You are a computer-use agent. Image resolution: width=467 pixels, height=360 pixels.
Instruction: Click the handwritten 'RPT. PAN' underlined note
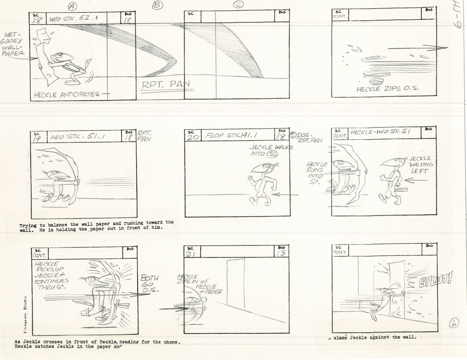166,85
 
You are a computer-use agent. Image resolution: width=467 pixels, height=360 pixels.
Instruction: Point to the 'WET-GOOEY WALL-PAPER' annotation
13,44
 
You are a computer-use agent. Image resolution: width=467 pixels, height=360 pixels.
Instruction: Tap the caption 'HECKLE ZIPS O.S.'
387,89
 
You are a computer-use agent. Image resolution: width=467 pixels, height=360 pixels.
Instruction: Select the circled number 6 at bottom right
454,323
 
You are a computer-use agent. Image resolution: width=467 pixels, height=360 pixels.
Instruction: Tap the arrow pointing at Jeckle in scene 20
284,195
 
